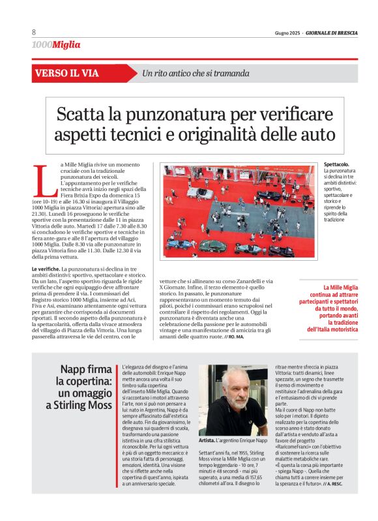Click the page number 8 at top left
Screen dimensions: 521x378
[x=34, y=33]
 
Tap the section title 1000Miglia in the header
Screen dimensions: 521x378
[x=56, y=45]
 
